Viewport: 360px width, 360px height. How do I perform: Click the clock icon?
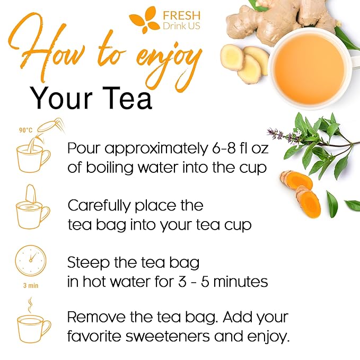pos(31,260)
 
